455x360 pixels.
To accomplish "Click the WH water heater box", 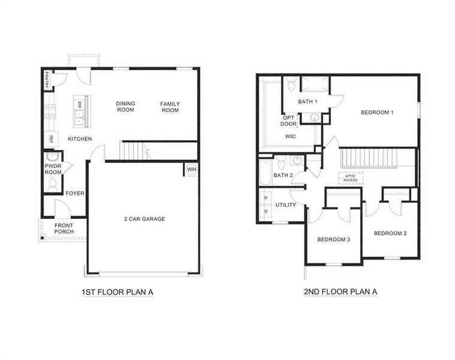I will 191,169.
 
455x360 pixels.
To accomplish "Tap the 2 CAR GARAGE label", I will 144,219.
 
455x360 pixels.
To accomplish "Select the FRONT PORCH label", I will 64,229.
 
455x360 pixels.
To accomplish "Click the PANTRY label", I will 47,80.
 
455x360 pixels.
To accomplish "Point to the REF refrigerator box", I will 52,139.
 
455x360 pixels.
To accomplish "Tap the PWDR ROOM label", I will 53,169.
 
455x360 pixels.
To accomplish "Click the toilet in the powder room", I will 52,184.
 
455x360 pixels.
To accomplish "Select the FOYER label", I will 75,193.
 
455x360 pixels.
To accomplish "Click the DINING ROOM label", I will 125,106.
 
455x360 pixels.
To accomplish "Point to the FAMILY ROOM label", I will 170,107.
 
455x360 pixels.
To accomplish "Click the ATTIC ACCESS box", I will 350,178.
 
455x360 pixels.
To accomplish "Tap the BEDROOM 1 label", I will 377,112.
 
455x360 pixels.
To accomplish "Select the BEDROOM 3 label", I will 333,240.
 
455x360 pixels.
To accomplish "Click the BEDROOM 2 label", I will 390,233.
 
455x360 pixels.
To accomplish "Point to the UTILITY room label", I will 285,205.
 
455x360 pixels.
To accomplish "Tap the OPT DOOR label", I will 289,121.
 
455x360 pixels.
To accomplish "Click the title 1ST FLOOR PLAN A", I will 118,292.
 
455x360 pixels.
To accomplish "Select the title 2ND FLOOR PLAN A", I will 341,292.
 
